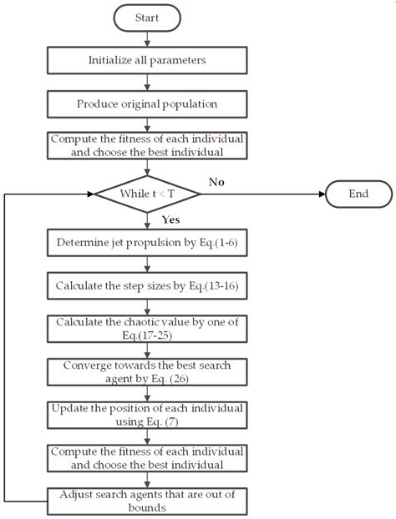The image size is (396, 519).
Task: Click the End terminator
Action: pyautogui.click(x=358, y=194)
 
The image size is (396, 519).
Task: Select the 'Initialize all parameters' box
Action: pyautogui.click(x=148, y=60)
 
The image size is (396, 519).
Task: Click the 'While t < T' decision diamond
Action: pyautogui.click(x=148, y=194)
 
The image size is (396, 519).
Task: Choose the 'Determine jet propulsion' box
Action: pyautogui.click(x=148, y=244)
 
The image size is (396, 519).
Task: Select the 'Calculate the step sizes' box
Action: pyautogui.click(x=148, y=285)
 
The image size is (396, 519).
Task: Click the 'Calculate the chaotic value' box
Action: pyautogui.click(x=148, y=327)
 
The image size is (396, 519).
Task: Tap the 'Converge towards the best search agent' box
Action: pyautogui.click(x=148, y=371)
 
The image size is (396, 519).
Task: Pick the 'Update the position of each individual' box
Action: pyautogui.click(x=148, y=413)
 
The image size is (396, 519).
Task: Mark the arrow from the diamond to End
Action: pyautogui.click(x=263, y=194)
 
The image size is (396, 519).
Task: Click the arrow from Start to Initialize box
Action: pyautogui.click(x=148, y=38)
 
